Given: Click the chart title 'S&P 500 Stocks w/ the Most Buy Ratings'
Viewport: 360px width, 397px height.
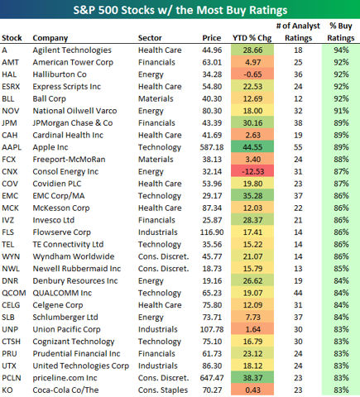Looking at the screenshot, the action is [x=180, y=10].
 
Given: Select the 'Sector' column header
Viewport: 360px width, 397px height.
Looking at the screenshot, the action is [x=150, y=38].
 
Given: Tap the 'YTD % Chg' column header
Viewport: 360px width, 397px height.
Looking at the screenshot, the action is [x=252, y=38].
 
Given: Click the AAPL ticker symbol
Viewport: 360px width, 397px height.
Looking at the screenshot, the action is [x=12, y=147].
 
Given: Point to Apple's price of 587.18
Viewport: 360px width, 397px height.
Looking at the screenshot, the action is [x=212, y=147].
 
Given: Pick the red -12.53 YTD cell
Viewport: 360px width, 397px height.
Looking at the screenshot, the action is [x=252, y=171].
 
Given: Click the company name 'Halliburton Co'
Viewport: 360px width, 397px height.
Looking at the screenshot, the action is [x=60, y=74].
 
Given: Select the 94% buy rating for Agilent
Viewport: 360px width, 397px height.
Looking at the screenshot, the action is [x=341, y=50].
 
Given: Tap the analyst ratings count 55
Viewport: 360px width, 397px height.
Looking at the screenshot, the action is [x=298, y=147].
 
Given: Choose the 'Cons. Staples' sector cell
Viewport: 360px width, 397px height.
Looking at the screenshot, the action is [x=163, y=390].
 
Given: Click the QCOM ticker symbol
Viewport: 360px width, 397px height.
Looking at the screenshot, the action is [x=14, y=293].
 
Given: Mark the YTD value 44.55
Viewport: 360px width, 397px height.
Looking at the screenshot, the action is [x=252, y=147].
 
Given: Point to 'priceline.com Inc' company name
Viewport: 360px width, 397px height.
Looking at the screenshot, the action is [x=65, y=378].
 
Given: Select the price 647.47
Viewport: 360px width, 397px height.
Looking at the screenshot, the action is [x=212, y=378].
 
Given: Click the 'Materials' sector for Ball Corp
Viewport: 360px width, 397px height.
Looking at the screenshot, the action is [x=156, y=98].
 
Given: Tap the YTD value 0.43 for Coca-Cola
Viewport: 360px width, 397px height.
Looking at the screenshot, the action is [x=252, y=390].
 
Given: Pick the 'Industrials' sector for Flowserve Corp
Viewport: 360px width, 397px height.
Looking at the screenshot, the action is [x=158, y=232].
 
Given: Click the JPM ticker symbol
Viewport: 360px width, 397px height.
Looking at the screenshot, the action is [x=9, y=123].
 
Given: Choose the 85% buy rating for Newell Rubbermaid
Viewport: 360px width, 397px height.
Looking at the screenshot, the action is [x=341, y=269].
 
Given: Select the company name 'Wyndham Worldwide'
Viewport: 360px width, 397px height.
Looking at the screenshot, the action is [x=74, y=256].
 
